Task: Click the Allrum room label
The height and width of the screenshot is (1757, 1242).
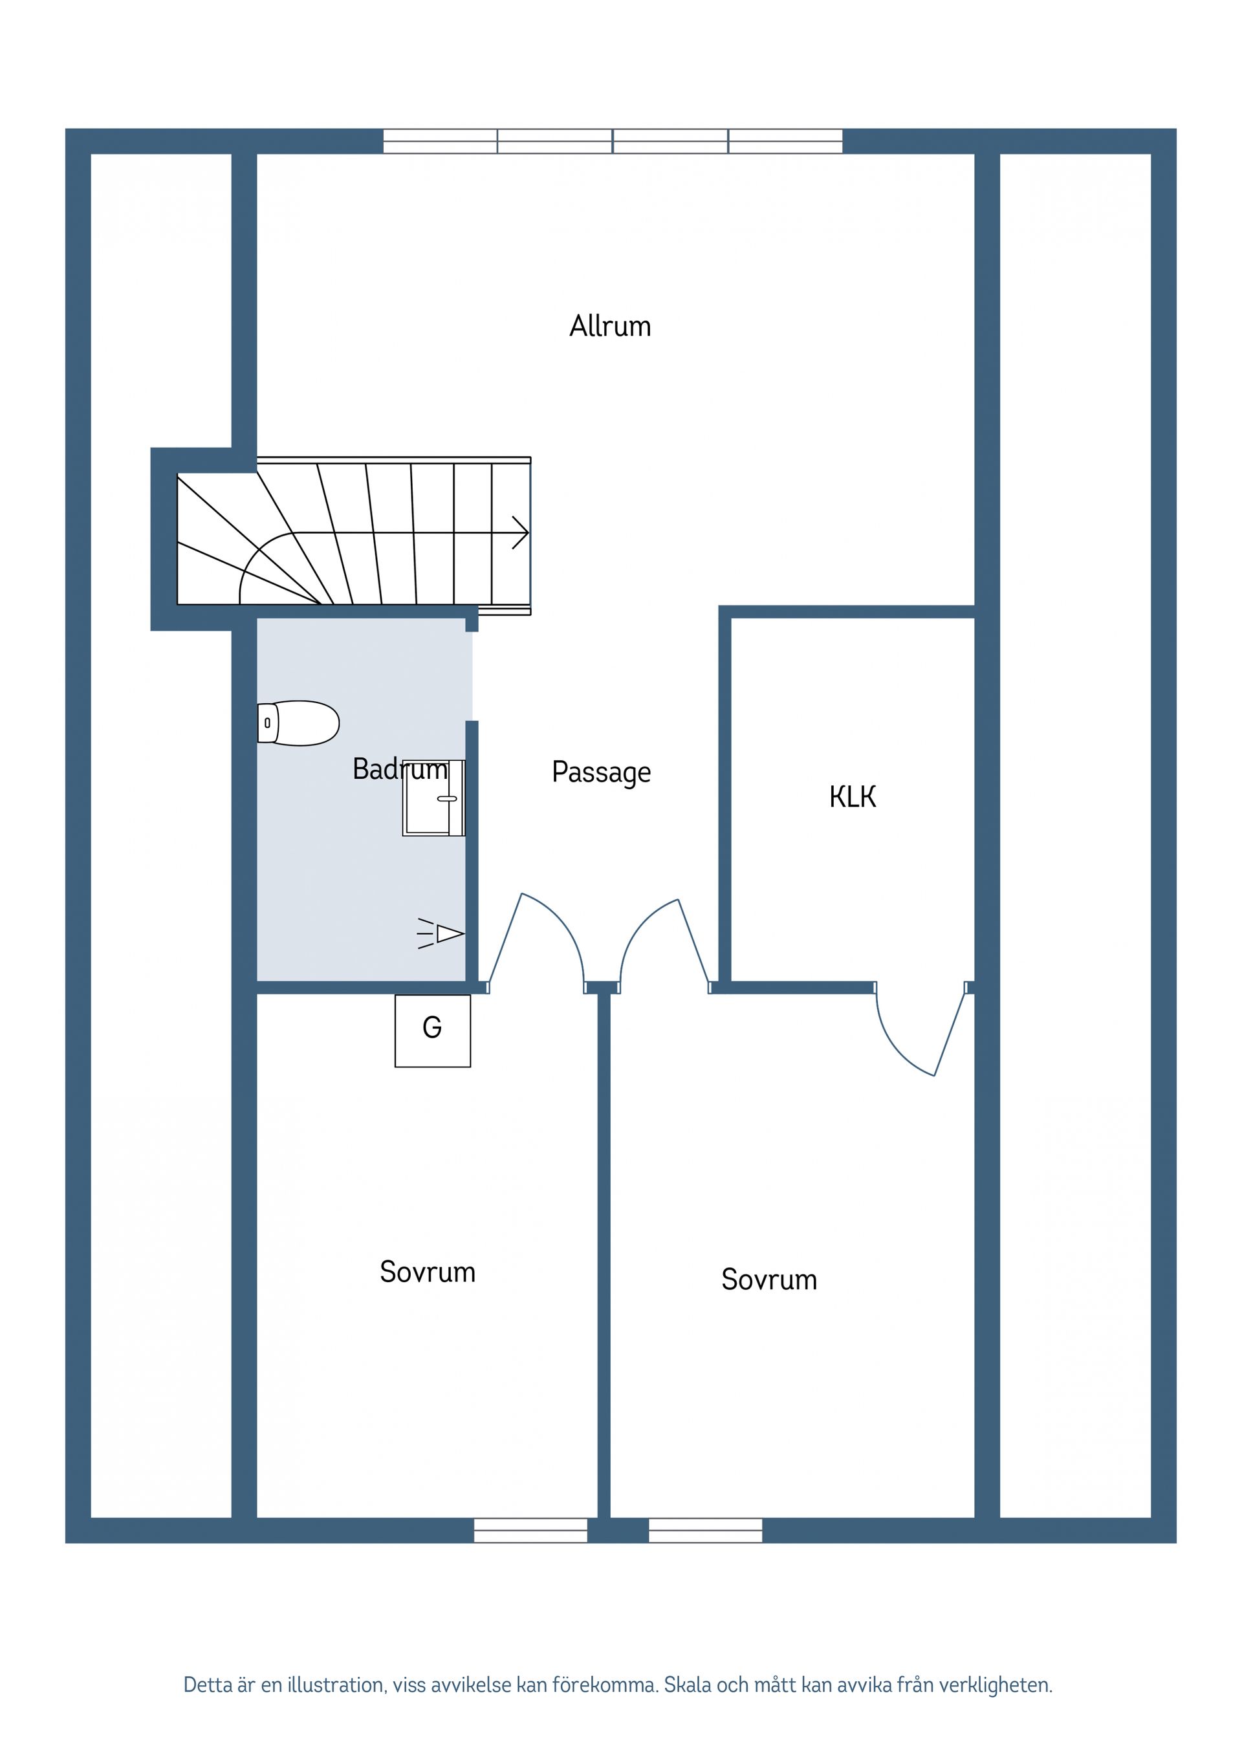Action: pos(610,327)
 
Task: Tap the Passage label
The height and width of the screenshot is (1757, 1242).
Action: pos(601,772)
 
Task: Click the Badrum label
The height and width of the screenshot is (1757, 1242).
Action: pos(400,769)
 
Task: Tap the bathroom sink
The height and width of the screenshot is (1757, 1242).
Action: pos(433,798)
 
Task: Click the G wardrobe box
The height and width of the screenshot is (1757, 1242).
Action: pos(432,1030)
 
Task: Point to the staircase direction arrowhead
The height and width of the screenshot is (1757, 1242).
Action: pos(521,532)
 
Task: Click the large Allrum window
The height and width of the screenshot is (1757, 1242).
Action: pos(612,142)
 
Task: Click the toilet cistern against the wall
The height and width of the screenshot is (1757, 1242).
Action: pos(267,723)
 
